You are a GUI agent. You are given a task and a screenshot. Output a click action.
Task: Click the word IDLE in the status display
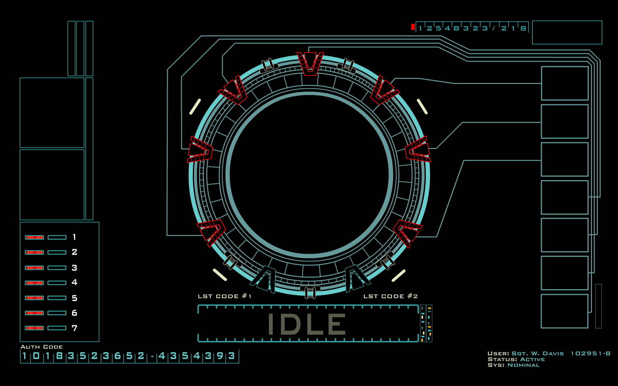[x=307, y=324]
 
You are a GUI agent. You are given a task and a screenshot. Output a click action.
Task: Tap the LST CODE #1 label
[x=224, y=296]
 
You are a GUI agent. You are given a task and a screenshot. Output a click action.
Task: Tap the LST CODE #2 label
[x=390, y=296]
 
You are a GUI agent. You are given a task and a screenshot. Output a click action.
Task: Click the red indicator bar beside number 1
[x=34, y=237]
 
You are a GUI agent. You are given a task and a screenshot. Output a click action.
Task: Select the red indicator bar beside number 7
[x=34, y=328]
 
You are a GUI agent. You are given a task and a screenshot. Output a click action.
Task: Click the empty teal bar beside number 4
[x=57, y=283]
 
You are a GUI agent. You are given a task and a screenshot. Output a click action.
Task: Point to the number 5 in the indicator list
[x=74, y=298]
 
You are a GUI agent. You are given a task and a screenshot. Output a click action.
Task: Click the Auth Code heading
[x=42, y=347]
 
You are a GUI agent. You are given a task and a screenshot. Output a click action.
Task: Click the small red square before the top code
[x=413, y=27]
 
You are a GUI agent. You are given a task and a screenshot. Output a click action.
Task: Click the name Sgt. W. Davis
[x=538, y=354]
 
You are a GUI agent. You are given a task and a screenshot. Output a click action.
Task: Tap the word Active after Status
[x=532, y=359]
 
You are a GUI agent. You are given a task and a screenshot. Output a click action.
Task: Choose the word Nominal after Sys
[x=523, y=365]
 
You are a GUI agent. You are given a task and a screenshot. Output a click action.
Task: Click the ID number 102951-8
[x=590, y=354]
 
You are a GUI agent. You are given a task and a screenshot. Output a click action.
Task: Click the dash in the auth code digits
[x=152, y=356]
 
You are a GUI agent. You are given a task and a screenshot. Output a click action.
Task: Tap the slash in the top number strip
[x=494, y=28]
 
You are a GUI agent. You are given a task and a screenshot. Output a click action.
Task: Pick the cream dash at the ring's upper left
[x=195, y=106]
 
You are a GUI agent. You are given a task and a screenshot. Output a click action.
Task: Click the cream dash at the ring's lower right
[x=398, y=276]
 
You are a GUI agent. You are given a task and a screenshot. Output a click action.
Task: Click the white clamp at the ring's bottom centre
[x=310, y=292]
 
